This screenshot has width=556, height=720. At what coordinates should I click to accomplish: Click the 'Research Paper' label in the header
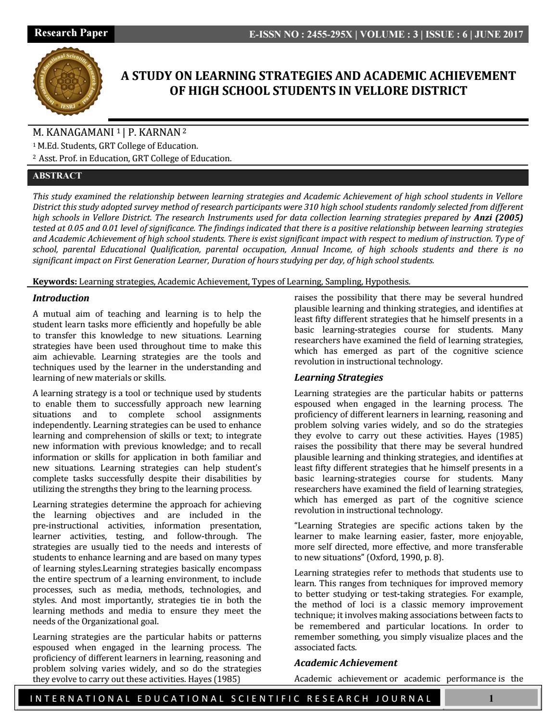tap(71, 33)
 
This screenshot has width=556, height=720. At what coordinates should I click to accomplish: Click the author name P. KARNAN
tap(154, 133)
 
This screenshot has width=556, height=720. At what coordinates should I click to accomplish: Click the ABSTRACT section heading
tap(57, 176)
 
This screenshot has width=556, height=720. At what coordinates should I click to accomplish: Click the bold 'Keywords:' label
tap(55, 282)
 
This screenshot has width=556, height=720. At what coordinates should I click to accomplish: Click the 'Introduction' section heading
tap(61, 298)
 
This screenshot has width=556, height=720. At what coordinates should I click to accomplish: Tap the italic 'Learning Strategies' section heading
tap(339, 377)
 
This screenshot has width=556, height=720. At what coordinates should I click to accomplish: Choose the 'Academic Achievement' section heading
tap(346, 663)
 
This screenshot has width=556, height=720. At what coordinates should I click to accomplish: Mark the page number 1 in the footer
tap(491, 698)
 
